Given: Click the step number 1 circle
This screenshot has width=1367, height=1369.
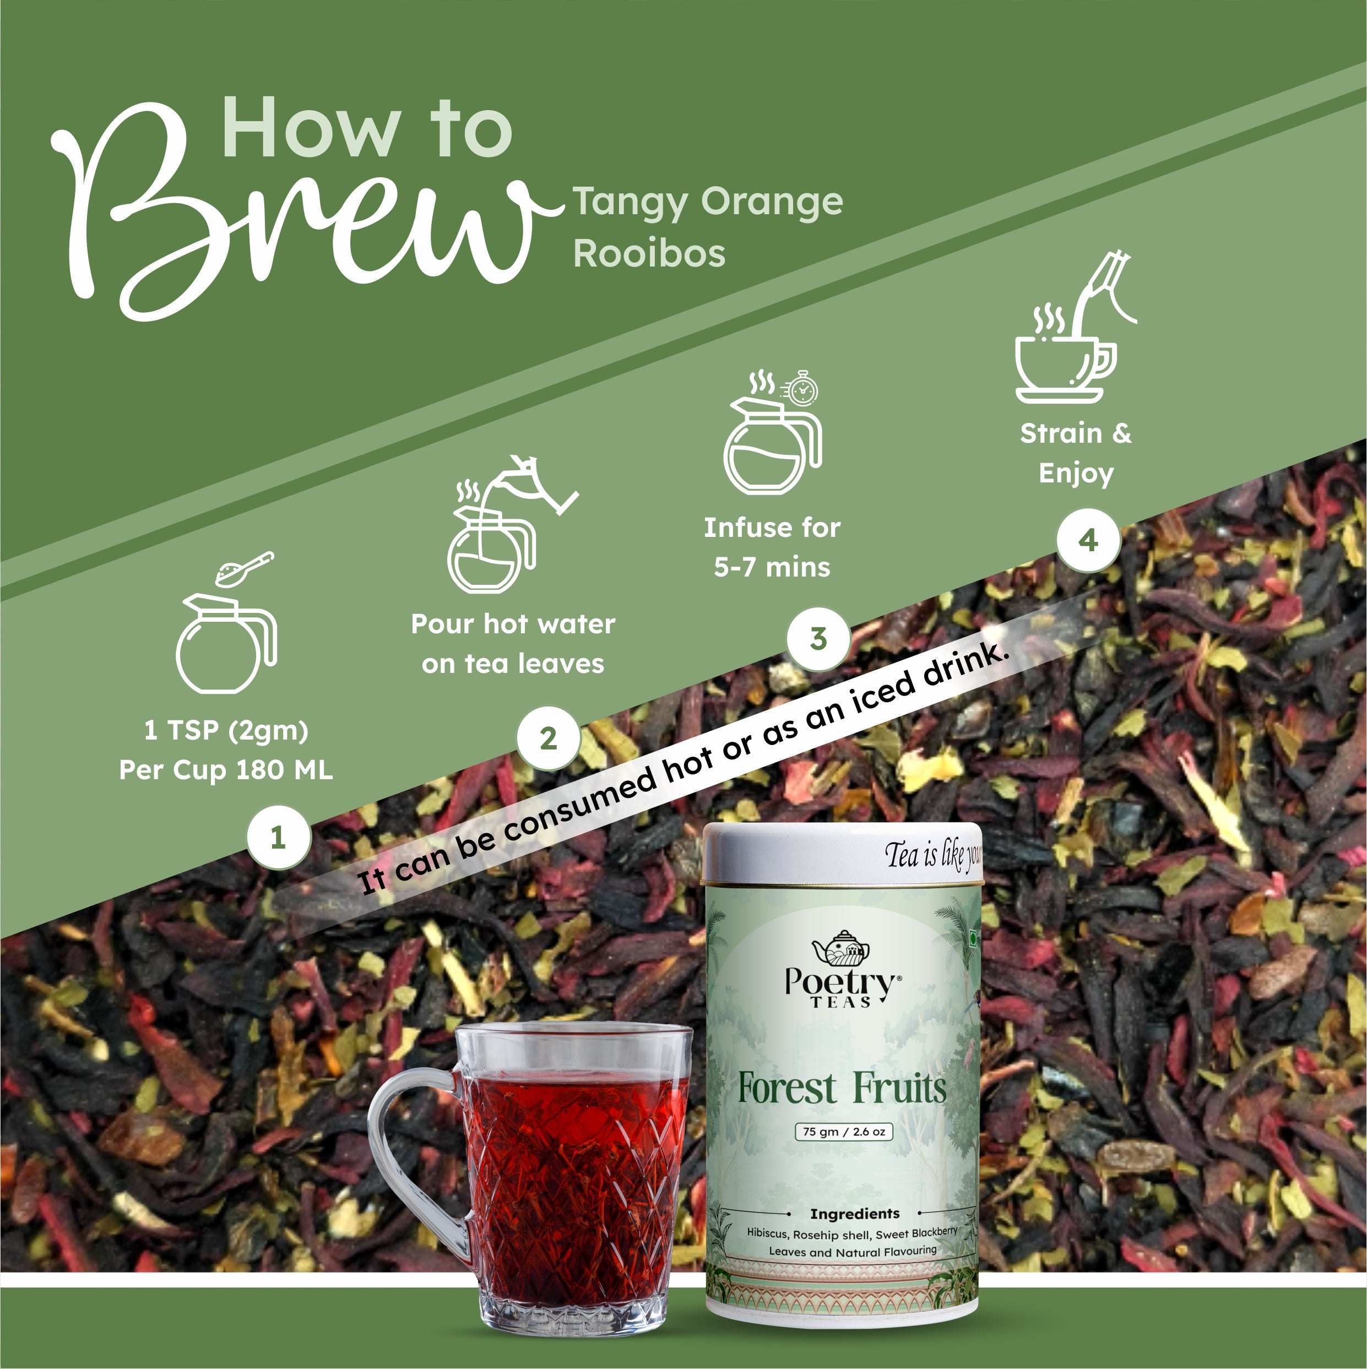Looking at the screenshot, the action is coord(279,838).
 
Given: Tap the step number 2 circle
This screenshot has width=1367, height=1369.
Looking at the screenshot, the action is coord(549,738).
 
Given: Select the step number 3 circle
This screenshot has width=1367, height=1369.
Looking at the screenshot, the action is coord(818,638).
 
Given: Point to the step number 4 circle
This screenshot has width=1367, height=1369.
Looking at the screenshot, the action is coord(1088,541).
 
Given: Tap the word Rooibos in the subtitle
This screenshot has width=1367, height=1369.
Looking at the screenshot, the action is coord(649,253).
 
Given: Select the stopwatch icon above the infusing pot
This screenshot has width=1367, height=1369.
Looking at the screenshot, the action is coord(801,388).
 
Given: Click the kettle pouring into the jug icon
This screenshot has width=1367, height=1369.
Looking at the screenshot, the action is coord(512,524).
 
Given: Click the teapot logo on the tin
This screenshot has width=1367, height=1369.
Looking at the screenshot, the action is coord(841,947).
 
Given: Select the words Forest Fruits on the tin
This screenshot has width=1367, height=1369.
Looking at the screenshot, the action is coord(842,1088).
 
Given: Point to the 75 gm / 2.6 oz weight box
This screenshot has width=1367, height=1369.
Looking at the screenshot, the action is coord(844,1132).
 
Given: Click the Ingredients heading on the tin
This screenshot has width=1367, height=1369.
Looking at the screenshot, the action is coord(855,1214).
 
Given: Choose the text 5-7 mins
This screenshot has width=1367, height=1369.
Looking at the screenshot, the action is coord(772,567).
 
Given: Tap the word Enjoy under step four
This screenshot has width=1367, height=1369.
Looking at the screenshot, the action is coord(1076,474).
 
